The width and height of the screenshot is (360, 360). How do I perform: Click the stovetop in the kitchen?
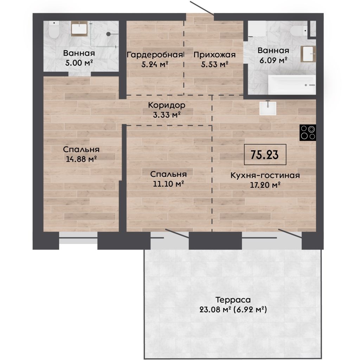click(308, 133)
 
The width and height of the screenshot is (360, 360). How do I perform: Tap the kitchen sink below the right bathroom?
click(268, 108)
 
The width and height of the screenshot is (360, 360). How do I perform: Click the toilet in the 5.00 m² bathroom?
click(54, 30)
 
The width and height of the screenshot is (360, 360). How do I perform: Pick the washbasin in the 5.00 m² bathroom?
click(79, 28)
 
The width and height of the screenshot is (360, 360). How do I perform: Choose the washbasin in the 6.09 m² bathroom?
click(308, 54)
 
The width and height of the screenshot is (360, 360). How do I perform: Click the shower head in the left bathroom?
click(108, 34)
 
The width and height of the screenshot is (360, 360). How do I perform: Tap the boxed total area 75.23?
click(265, 155)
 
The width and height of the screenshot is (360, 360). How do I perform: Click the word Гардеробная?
click(155, 54)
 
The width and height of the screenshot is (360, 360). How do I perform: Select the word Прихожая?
click(214, 54)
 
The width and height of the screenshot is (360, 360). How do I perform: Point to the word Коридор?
click(166, 105)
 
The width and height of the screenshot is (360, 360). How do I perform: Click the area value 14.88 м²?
click(81, 159)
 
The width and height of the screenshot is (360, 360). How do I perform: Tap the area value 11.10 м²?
click(168, 184)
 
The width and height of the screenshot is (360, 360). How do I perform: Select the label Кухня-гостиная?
click(265, 175)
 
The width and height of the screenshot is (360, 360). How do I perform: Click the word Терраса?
click(233, 300)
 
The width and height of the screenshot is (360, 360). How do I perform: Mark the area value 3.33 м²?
click(166, 115)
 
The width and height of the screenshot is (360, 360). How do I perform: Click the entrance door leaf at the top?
click(202, 8)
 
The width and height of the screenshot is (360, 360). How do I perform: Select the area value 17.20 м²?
click(265, 185)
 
